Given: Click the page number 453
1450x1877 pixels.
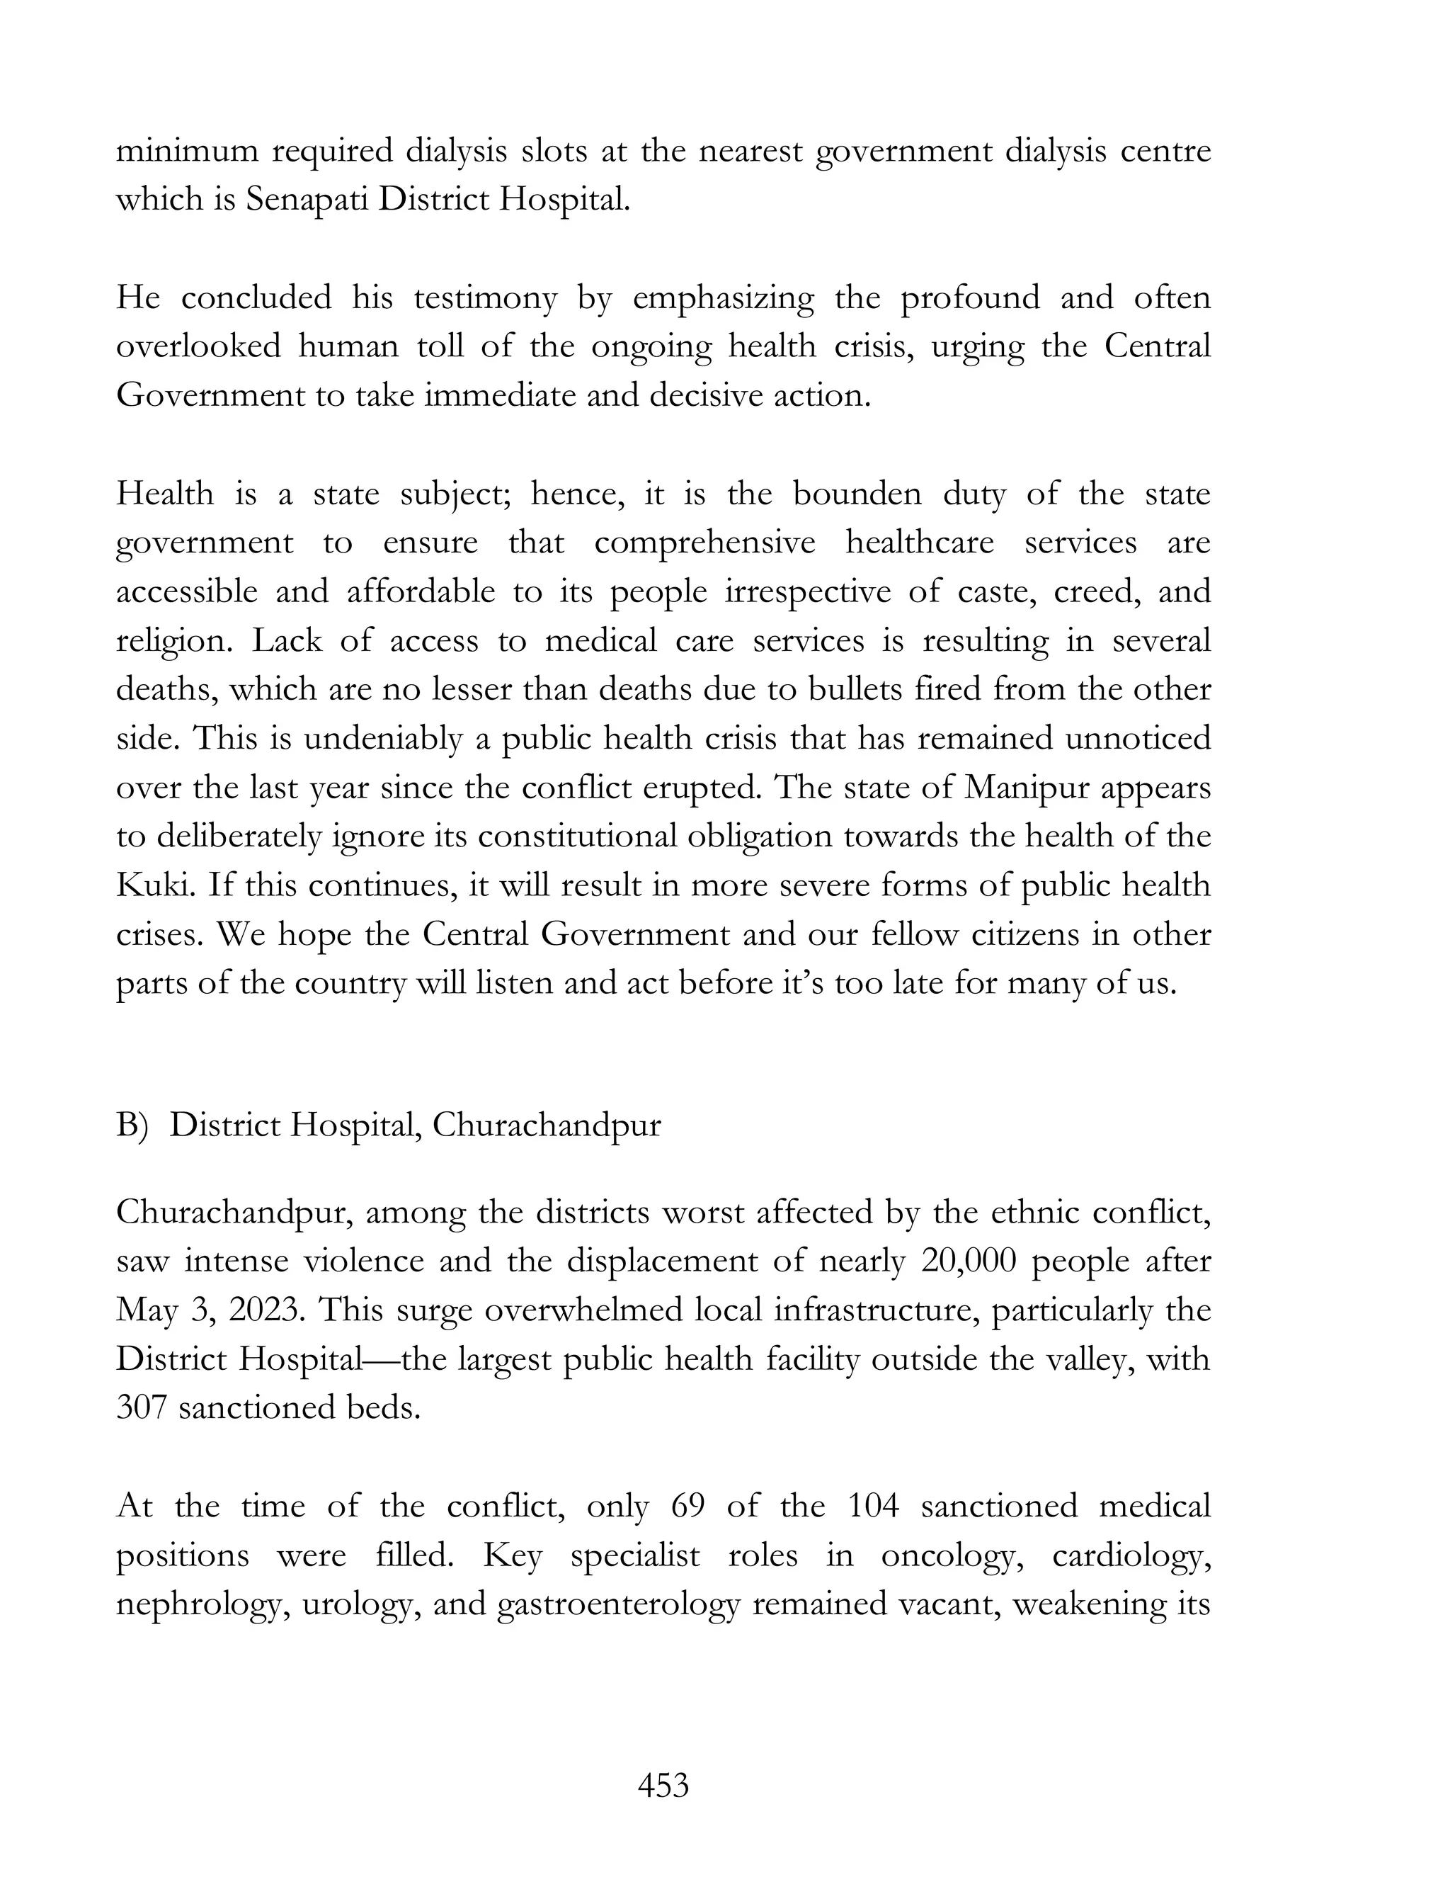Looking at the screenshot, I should [x=663, y=1785].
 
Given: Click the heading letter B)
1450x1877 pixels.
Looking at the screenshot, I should [x=133, y=1125].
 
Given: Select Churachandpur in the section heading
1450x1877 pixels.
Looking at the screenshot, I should [x=547, y=1125].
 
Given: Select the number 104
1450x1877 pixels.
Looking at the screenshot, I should [x=873, y=1506].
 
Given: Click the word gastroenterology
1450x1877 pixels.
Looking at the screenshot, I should [x=619, y=1604].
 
